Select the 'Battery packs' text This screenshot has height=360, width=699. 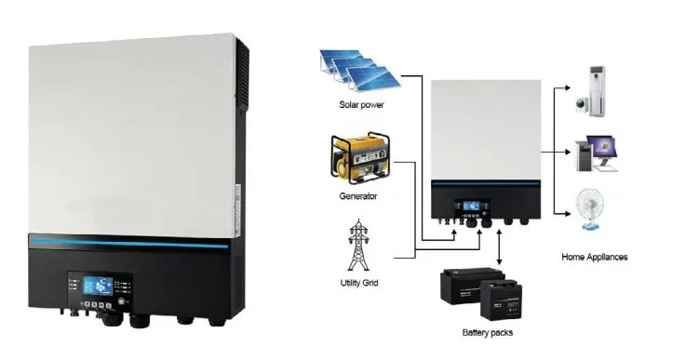(x=487, y=331)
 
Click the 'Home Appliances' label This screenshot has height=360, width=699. (x=596, y=257)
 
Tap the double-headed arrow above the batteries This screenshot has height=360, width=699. (x=501, y=247)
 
